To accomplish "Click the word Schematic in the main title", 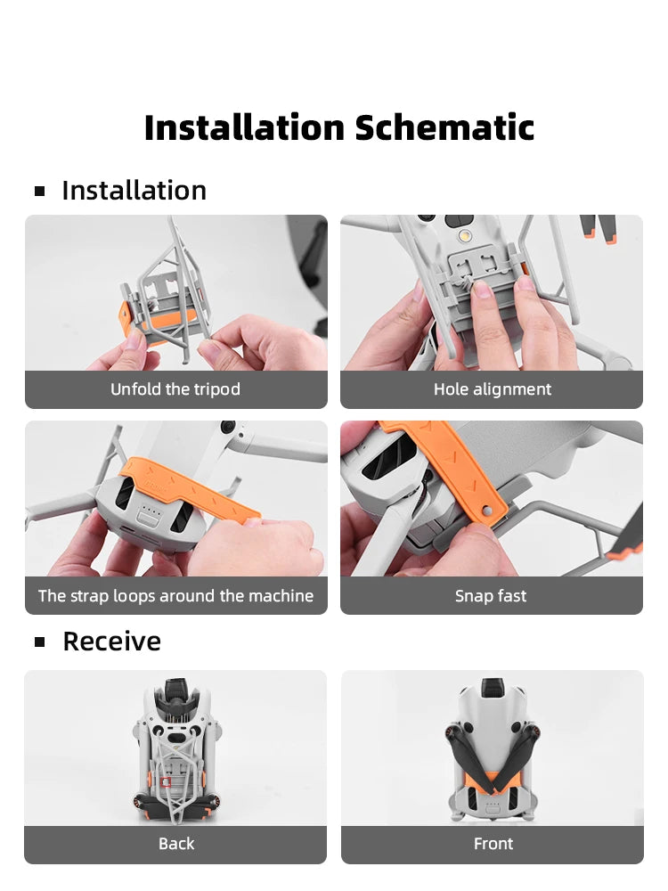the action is [444, 127].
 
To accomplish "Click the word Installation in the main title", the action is [244, 127].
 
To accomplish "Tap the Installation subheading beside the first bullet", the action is [134, 191].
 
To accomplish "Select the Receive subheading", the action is [112, 641].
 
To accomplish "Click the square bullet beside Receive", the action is [40, 642].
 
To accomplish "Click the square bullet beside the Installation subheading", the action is [40, 191].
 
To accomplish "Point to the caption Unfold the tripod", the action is [175, 389].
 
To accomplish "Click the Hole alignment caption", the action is [493, 389].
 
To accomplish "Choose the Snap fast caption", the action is [491, 595].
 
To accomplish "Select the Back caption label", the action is [176, 844].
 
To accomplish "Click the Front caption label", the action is [493, 844].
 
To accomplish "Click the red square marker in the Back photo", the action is [166, 782].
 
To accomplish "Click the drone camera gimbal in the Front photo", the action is [493, 687].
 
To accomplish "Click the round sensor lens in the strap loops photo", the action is [228, 426].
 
